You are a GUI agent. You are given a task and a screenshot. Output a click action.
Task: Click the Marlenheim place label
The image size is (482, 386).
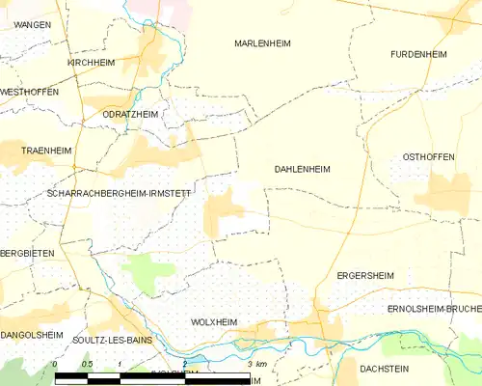tap(262, 43)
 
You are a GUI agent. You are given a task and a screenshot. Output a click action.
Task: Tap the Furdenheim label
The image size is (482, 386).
tap(418, 54)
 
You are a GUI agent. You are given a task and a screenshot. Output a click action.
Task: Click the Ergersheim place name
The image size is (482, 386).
tap(363, 275)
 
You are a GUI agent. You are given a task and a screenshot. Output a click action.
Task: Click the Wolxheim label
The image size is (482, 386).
tap(214, 321)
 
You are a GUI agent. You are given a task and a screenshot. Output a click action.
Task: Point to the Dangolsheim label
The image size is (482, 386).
tap(32, 335)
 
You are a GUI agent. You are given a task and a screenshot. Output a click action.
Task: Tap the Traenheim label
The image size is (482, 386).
tap(47, 151)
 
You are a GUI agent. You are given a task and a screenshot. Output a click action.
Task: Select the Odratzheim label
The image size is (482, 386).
tap(130, 114)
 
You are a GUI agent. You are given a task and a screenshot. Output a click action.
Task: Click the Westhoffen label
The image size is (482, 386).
tap(29, 92)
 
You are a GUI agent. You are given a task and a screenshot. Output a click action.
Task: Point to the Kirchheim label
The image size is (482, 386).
tap(91, 62)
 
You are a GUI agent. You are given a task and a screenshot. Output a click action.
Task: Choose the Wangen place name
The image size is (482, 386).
tap(33, 23)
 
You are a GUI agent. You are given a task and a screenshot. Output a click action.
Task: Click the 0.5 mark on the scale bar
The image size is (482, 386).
tap(87, 364)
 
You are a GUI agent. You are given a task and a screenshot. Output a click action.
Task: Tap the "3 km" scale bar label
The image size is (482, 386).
tap(256, 364)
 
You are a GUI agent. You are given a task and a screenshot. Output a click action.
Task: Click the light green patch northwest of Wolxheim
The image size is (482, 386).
tap(147, 272)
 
